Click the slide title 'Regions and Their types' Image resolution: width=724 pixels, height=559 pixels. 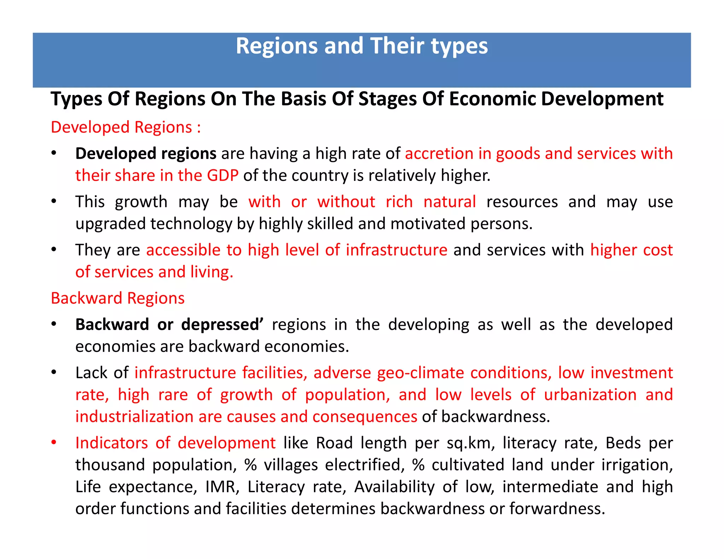point(361,46)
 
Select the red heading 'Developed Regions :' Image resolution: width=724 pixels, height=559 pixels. point(126,127)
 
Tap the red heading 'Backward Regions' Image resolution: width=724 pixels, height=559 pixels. point(118,298)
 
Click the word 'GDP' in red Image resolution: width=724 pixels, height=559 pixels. point(223,176)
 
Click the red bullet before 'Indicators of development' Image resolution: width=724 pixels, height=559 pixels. point(54,443)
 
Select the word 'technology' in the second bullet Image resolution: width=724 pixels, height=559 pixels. point(191,224)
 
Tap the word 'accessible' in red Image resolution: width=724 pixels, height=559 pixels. point(183,250)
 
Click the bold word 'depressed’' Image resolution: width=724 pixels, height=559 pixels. point(222,325)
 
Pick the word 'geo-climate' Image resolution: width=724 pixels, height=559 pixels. point(420,373)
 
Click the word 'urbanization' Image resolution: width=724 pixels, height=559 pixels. point(590,395)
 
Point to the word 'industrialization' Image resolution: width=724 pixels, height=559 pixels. point(134,417)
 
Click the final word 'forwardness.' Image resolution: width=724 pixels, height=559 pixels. point(557,509)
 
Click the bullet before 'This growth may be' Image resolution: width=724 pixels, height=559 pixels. point(54,202)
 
